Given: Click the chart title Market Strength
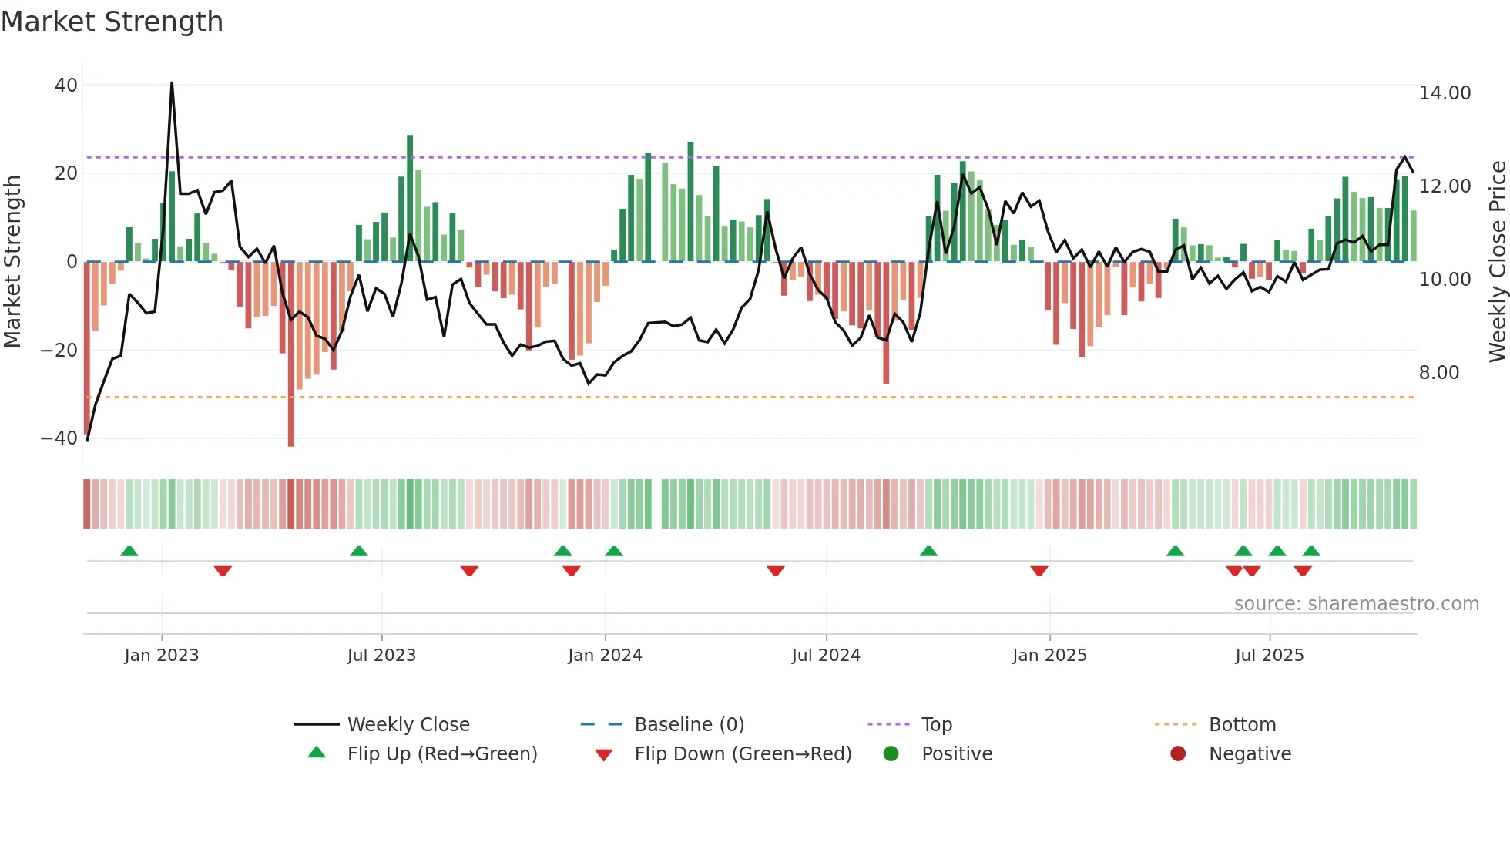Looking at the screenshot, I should click(112, 22).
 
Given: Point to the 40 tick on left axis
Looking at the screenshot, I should click(66, 86).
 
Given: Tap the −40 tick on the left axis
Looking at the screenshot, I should click(59, 438).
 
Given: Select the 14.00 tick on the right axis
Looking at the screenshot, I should click(1445, 93).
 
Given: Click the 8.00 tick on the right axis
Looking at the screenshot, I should click(1438, 373).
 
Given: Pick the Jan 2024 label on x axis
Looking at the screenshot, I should click(605, 656).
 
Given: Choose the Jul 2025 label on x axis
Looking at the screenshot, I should click(1269, 656).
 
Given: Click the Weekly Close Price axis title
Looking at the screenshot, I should click(1497, 262).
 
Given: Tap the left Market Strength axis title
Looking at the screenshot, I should click(12, 262).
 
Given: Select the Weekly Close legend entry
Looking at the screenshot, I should click(408, 725).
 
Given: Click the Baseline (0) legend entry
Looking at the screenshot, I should click(689, 725).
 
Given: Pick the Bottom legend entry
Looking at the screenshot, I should click(1242, 725).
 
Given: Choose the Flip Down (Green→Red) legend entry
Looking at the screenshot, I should click(743, 754).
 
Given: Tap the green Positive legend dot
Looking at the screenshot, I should click(891, 754).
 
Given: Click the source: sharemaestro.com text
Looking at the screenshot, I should click(1356, 604).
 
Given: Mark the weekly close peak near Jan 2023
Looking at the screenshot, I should click(172, 83).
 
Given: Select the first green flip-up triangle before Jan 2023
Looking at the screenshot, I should click(129, 552).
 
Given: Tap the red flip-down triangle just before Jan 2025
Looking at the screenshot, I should click(1039, 571).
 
